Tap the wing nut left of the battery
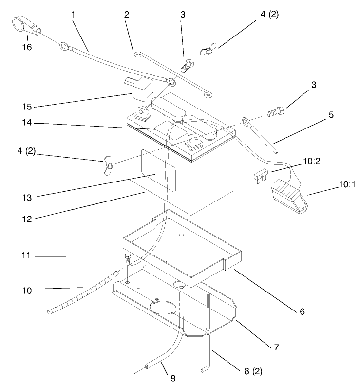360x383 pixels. (x=107, y=164)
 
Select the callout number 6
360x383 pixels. (x=302, y=310)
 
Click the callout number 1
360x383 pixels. (x=73, y=15)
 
